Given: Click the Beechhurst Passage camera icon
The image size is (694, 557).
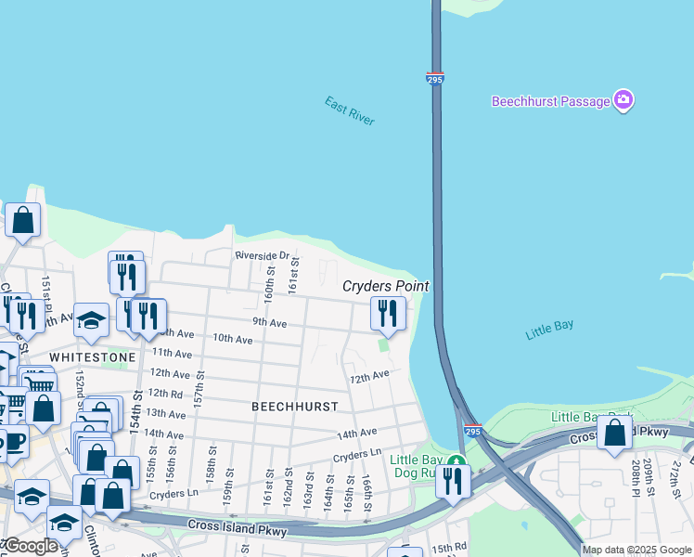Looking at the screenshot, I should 623,101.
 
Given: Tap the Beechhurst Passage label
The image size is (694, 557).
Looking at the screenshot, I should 550,101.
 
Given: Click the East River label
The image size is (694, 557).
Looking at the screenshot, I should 349,110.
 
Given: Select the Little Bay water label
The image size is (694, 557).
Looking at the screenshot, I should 549,329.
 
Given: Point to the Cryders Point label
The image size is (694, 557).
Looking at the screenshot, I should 386,286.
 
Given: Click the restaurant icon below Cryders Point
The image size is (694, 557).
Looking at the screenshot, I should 388,313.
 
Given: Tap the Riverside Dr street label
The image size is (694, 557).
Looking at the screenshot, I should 263,255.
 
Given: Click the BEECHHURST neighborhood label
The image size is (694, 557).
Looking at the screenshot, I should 294,407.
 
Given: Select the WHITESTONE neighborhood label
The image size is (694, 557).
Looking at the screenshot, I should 92,356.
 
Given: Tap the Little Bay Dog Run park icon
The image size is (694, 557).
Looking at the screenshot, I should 455,461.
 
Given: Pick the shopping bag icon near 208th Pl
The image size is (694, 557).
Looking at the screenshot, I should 614,433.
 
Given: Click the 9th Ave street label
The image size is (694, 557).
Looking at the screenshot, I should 269,322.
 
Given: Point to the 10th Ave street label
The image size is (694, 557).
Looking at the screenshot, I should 232,339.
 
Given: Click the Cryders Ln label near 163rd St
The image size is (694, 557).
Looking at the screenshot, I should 357,453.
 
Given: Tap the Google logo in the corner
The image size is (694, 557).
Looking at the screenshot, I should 30,546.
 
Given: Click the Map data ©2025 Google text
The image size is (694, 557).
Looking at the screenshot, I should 636,550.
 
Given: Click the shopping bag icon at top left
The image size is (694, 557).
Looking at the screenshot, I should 23,221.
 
